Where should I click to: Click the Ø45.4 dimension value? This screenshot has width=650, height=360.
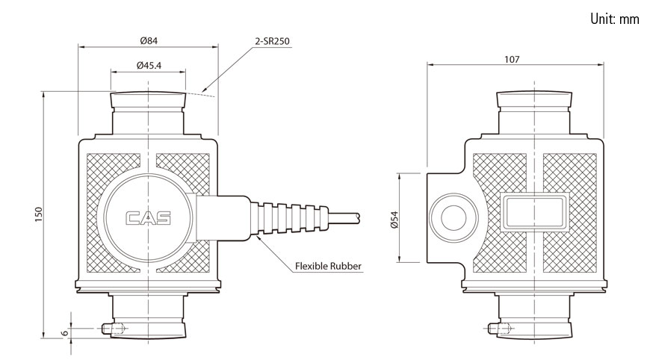149,66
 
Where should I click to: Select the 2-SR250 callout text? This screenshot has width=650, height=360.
272,42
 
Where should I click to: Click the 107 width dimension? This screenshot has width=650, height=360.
512,58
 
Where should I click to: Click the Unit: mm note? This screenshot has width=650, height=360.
614,19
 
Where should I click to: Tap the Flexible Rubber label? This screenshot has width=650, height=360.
328,266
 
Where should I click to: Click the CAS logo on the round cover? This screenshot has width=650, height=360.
148,219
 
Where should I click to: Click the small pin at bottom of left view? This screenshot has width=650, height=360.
111,329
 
